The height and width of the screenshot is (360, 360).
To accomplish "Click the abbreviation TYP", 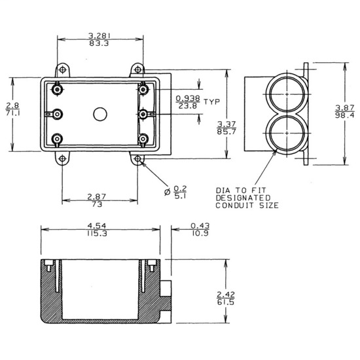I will (x=211, y=101).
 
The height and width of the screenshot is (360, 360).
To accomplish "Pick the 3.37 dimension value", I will (x=227, y=124).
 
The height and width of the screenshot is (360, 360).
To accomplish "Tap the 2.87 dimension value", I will (x=99, y=196).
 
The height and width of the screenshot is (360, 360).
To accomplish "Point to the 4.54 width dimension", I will (x=99, y=226).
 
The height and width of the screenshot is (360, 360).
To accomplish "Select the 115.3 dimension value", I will (x=99, y=234).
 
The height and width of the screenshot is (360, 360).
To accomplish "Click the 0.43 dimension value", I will (x=200, y=226).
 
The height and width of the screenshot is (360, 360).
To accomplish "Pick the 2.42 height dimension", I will (x=225, y=294).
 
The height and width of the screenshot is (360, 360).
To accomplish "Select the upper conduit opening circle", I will (x=286, y=94).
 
